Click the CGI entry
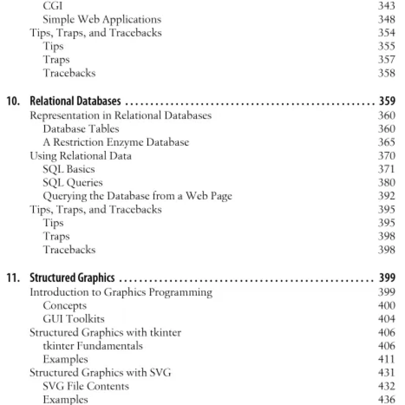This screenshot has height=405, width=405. (x=53, y=7)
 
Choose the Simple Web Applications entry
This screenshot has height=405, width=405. (x=102, y=20)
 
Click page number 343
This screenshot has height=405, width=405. (x=387, y=7)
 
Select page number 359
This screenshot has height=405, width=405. (x=387, y=101)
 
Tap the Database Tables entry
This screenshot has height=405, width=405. (x=81, y=129)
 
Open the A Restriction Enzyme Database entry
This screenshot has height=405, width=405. (x=116, y=142)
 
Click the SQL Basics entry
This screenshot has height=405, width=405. (x=69, y=169)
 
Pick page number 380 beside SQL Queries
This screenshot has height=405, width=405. (x=387, y=183)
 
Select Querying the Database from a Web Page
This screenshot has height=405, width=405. (x=138, y=196)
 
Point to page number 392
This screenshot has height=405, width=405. (x=387, y=196)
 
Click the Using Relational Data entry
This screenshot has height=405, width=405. (x=80, y=156)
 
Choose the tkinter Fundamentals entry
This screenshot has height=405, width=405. (x=93, y=346)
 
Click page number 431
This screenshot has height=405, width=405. (x=387, y=373)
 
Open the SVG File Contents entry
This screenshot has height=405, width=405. (x=86, y=386)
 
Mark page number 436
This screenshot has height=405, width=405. (x=387, y=399)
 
